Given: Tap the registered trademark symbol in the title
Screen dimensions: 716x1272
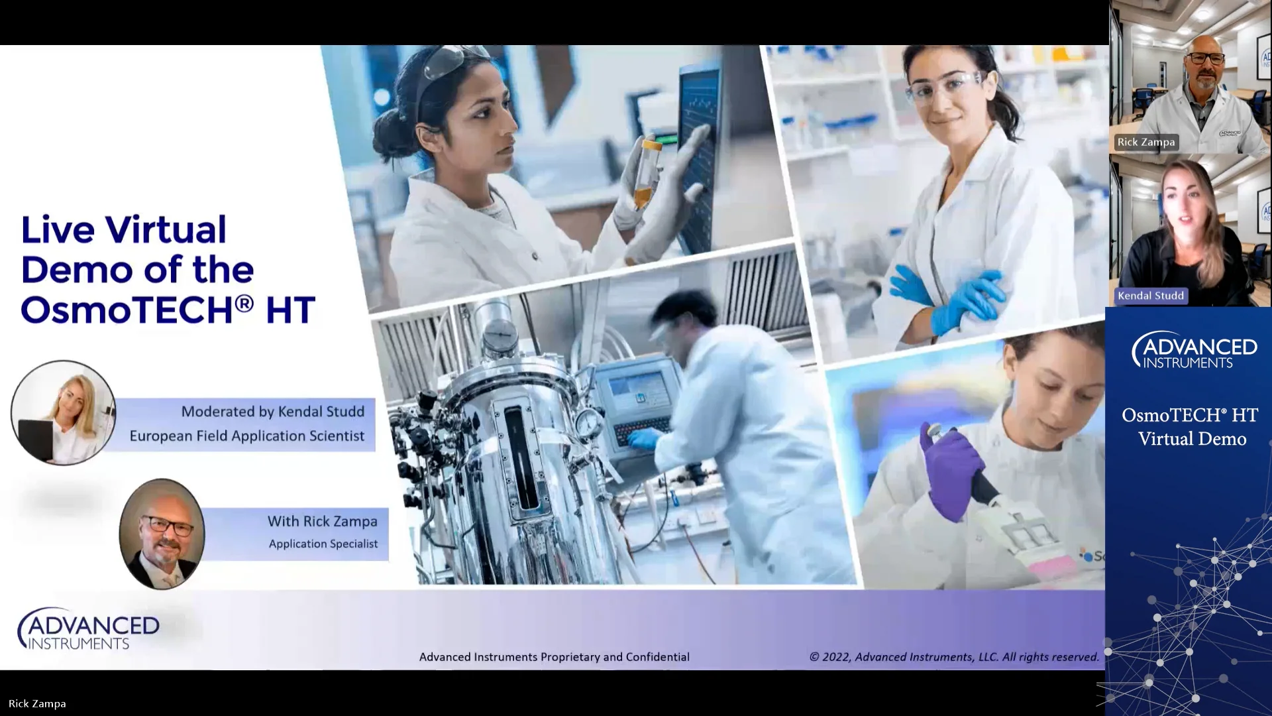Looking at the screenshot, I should click(244, 303).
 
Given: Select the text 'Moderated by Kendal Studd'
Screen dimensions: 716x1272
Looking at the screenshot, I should click(272, 412).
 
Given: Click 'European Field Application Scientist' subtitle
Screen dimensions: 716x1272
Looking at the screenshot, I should click(246, 436).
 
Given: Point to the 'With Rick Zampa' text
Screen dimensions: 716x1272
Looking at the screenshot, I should click(322, 522).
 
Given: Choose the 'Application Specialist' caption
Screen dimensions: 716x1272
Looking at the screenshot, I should click(323, 544).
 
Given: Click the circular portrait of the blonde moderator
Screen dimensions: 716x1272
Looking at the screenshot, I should click(64, 412).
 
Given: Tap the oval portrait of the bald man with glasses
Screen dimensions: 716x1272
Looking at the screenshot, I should click(162, 534).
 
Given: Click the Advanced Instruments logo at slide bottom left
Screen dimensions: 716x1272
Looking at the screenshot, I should click(88, 628).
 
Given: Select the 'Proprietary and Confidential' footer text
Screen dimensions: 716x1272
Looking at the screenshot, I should click(554, 657).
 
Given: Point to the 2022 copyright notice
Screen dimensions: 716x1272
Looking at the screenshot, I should click(953, 657).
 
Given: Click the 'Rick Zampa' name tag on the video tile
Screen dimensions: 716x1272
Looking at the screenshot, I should click(1145, 142).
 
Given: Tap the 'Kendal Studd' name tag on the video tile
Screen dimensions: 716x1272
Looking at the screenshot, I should click(1150, 296).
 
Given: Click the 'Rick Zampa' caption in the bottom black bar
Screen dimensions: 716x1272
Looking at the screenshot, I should click(37, 704).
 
